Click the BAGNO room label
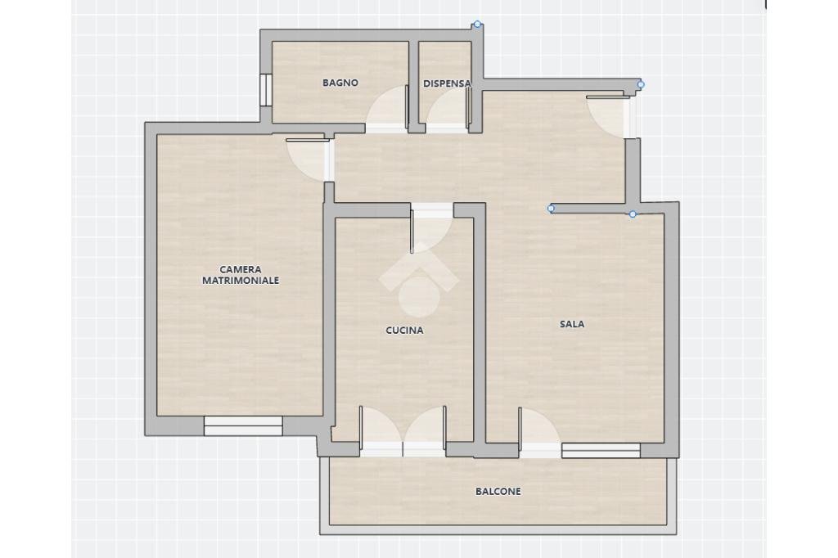(340, 83)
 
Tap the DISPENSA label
(447, 83)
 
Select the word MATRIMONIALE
(241, 281)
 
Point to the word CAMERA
(241, 269)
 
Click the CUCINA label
(404, 331)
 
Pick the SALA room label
(572, 324)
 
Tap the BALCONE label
(498, 492)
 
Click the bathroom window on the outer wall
(265, 90)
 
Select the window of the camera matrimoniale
(243, 425)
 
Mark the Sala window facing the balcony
(601, 450)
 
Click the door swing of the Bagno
(388, 108)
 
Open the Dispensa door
(447, 109)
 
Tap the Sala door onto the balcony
(538, 430)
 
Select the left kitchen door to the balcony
(379, 430)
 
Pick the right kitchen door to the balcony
(426, 430)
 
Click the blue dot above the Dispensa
(478, 25)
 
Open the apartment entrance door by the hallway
(609, 115)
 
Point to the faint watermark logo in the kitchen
(418, 278)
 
